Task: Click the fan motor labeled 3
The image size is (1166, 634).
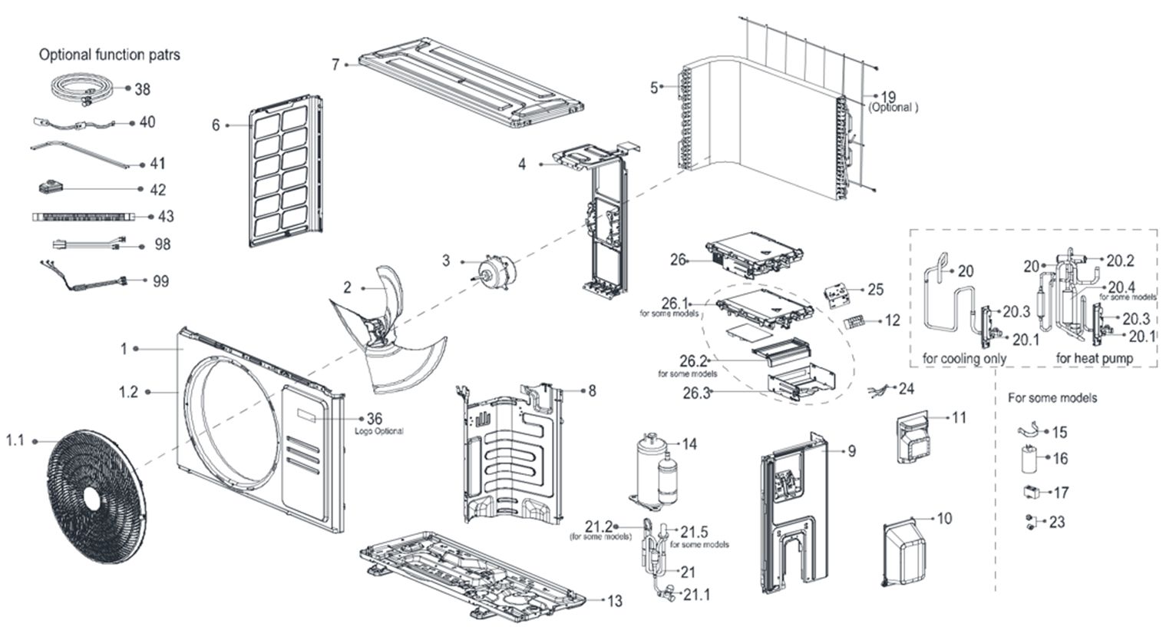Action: [x=489, y=271]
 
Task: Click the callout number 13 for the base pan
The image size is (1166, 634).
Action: [x=614, y=601]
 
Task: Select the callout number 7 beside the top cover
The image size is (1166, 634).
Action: [x=335, y=65]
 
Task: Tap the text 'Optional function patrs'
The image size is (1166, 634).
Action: [x=110, y=55]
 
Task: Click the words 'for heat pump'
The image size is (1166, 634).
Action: [x=1095, y=358]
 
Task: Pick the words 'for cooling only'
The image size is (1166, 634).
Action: [x=964, y=358]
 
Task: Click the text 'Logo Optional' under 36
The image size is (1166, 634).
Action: [x=378, y=431]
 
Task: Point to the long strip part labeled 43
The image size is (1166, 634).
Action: [x=84, y=217]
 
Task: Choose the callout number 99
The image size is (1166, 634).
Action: [x=160, y=281]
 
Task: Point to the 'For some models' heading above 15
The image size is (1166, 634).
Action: [x=1052, y=397]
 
